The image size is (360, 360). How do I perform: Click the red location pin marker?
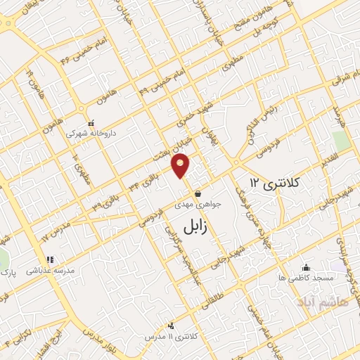[x=181, y=165]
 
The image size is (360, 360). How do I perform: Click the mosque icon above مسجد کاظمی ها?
[x=305, y=267]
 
